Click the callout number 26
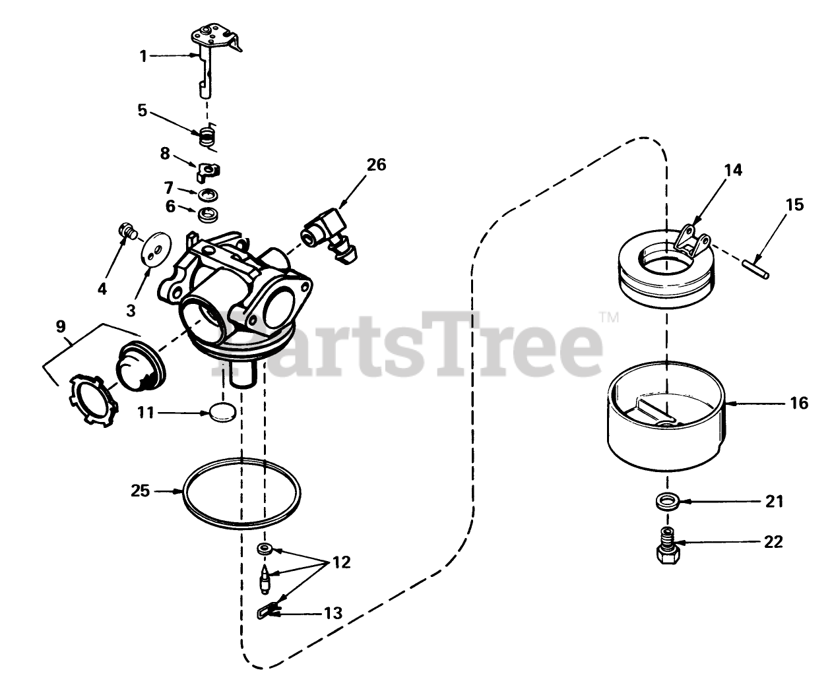pos(376,164)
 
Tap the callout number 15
pos(794,204)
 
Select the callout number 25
pos(141,491)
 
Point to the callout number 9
pos(61,326)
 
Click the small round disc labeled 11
pos(222,413)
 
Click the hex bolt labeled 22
pos(668,545)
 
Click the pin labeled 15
pos(755,270)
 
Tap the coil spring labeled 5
pos(208,136)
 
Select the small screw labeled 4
pos(127,231)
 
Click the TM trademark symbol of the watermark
pos(609,317)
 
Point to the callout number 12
pos(342,562)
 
